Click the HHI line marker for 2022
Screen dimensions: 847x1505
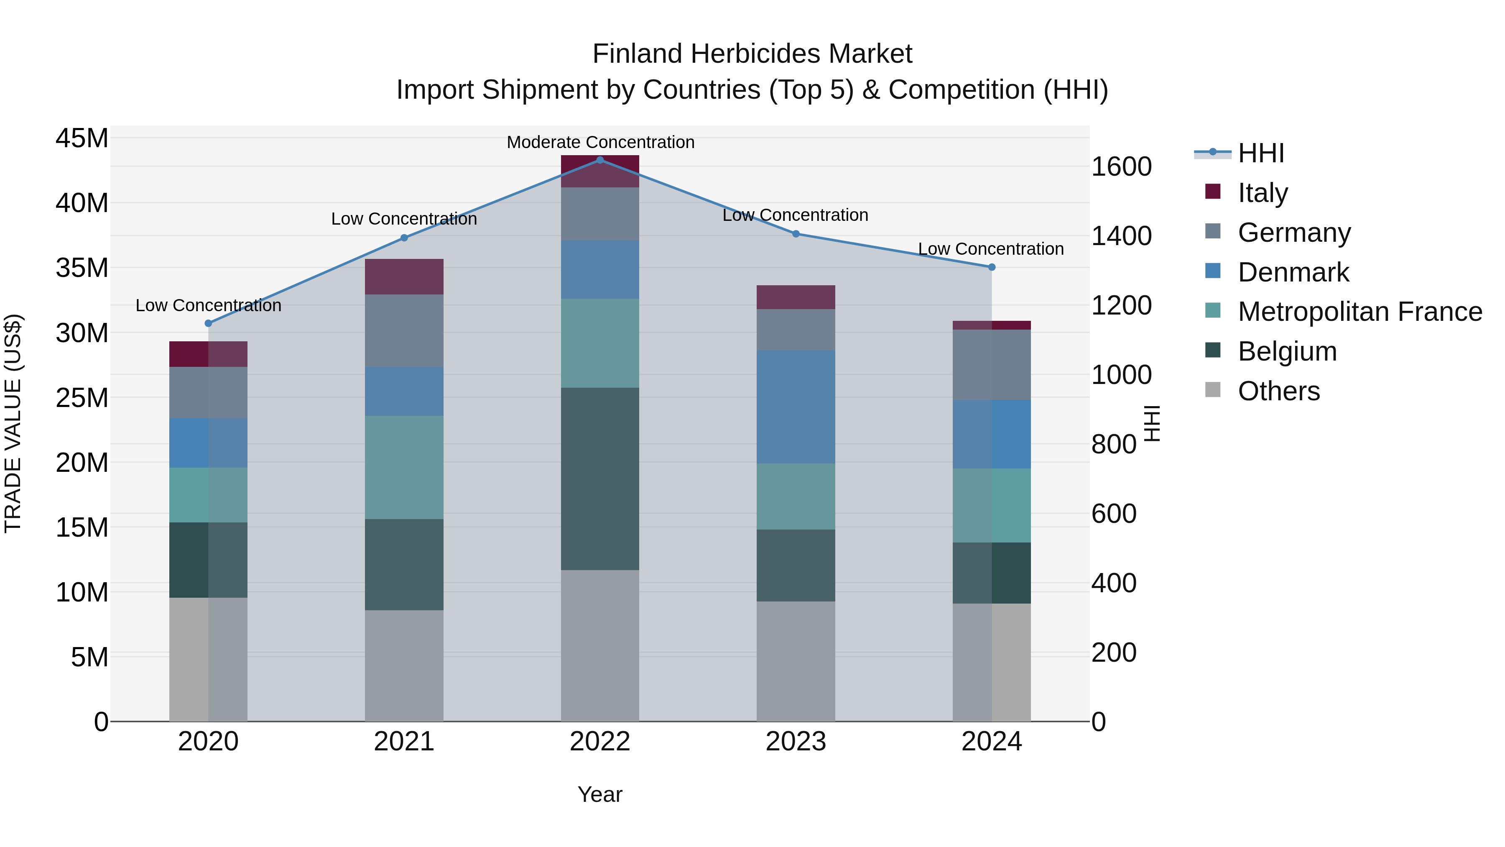(600, 160)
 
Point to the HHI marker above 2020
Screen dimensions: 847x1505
(209, 323)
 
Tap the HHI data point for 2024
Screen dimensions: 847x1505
(992, 267)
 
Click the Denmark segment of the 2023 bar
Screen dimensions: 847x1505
(796, 407)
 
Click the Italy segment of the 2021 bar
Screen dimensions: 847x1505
(404, 276)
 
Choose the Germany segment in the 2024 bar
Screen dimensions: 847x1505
(992, 365)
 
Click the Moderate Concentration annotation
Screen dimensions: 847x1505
(600, 142)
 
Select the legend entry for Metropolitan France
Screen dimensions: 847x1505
(1360, 312)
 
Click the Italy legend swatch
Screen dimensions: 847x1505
(1213, 192)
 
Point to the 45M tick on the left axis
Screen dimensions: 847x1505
(82, 138)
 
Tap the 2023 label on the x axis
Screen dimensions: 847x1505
(796, 742)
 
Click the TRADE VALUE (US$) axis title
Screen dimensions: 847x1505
(13, 423)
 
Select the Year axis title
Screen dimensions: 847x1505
(600, 794)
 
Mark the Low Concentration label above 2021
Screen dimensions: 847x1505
(404, 219)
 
